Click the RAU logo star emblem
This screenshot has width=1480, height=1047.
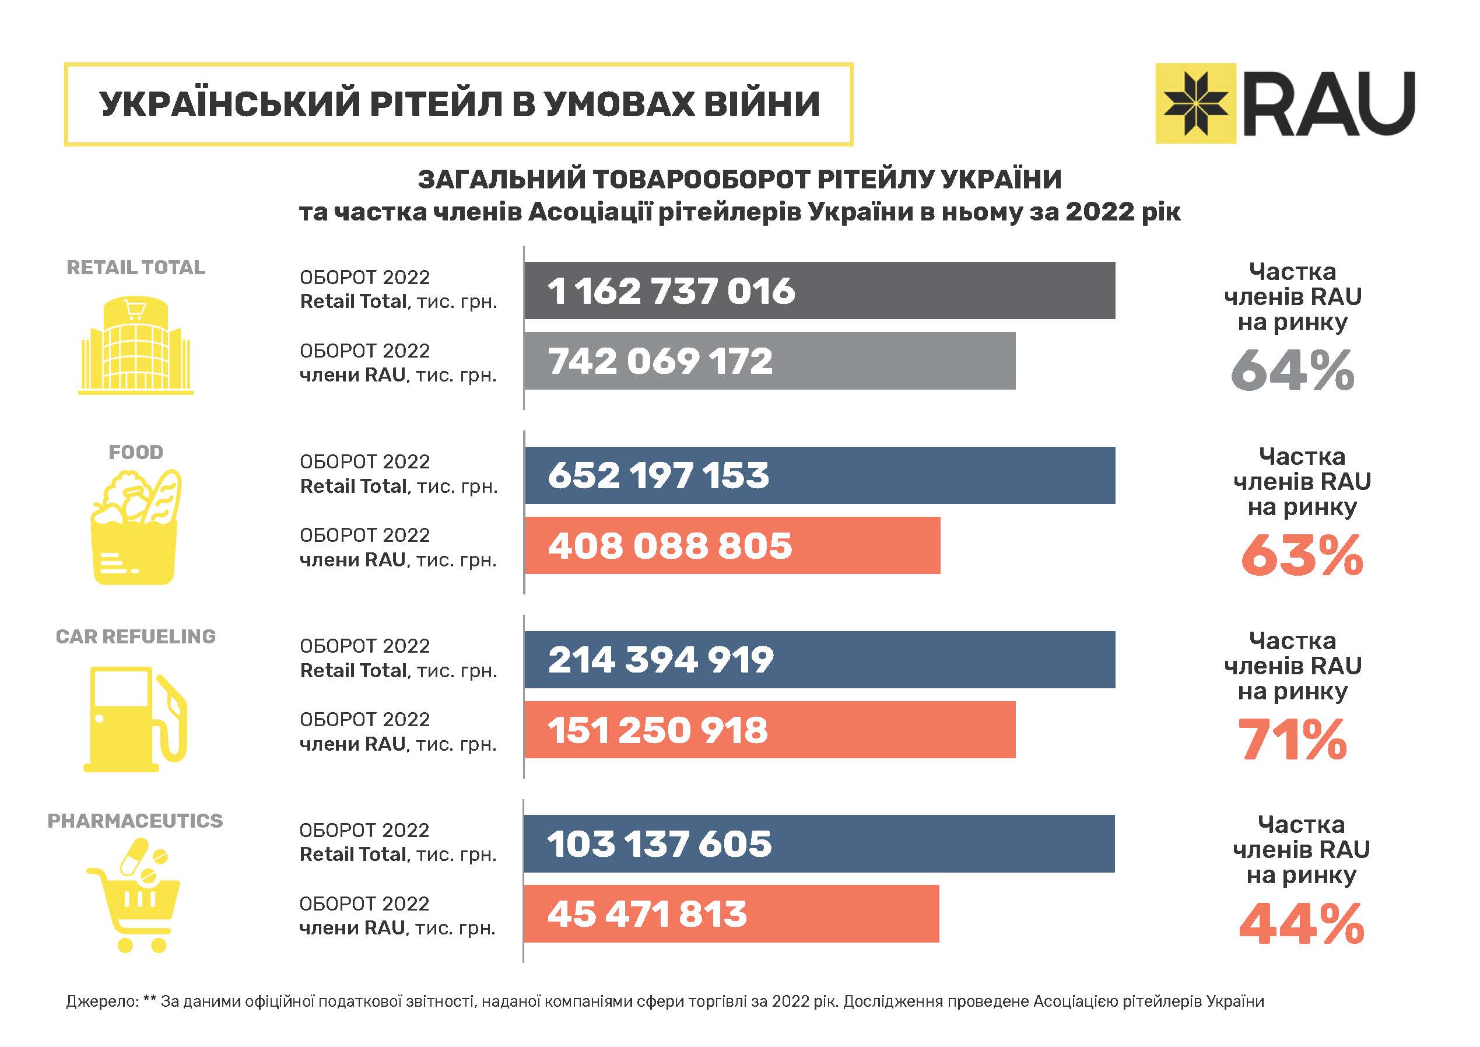click(x=1195, y=103)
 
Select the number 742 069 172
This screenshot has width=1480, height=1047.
click(x=660, y=361)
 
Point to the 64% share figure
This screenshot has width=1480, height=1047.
click(x=1292, y=371)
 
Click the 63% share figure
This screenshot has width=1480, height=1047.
click(x=1302, y=555)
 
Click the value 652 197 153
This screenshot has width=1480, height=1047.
click(x=658, y=475)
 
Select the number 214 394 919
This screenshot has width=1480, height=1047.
click(x=660, y=660)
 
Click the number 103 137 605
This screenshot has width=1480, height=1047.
click(x=659, y=844)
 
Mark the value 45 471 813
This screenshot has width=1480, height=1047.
click(x=647, y=914)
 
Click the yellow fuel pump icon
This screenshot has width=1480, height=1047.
click(x=135, y=719)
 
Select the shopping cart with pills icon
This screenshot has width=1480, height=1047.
click(x=135, y=896)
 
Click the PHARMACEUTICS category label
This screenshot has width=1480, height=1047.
click(x=135, y=821)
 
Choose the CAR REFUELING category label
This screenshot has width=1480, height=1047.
click(x=135, y=636)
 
